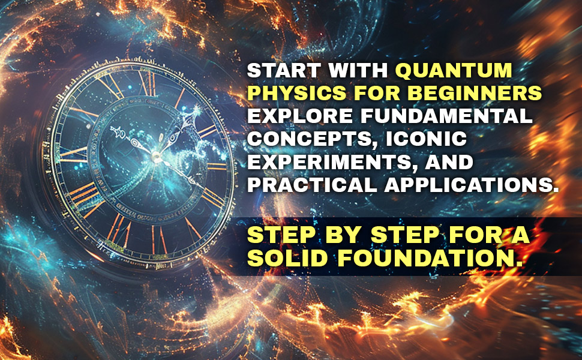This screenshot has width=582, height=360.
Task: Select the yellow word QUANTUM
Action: [454, 70]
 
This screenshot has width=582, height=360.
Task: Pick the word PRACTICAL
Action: [312, 185]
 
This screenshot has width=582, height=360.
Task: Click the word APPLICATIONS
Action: [470, 185]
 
